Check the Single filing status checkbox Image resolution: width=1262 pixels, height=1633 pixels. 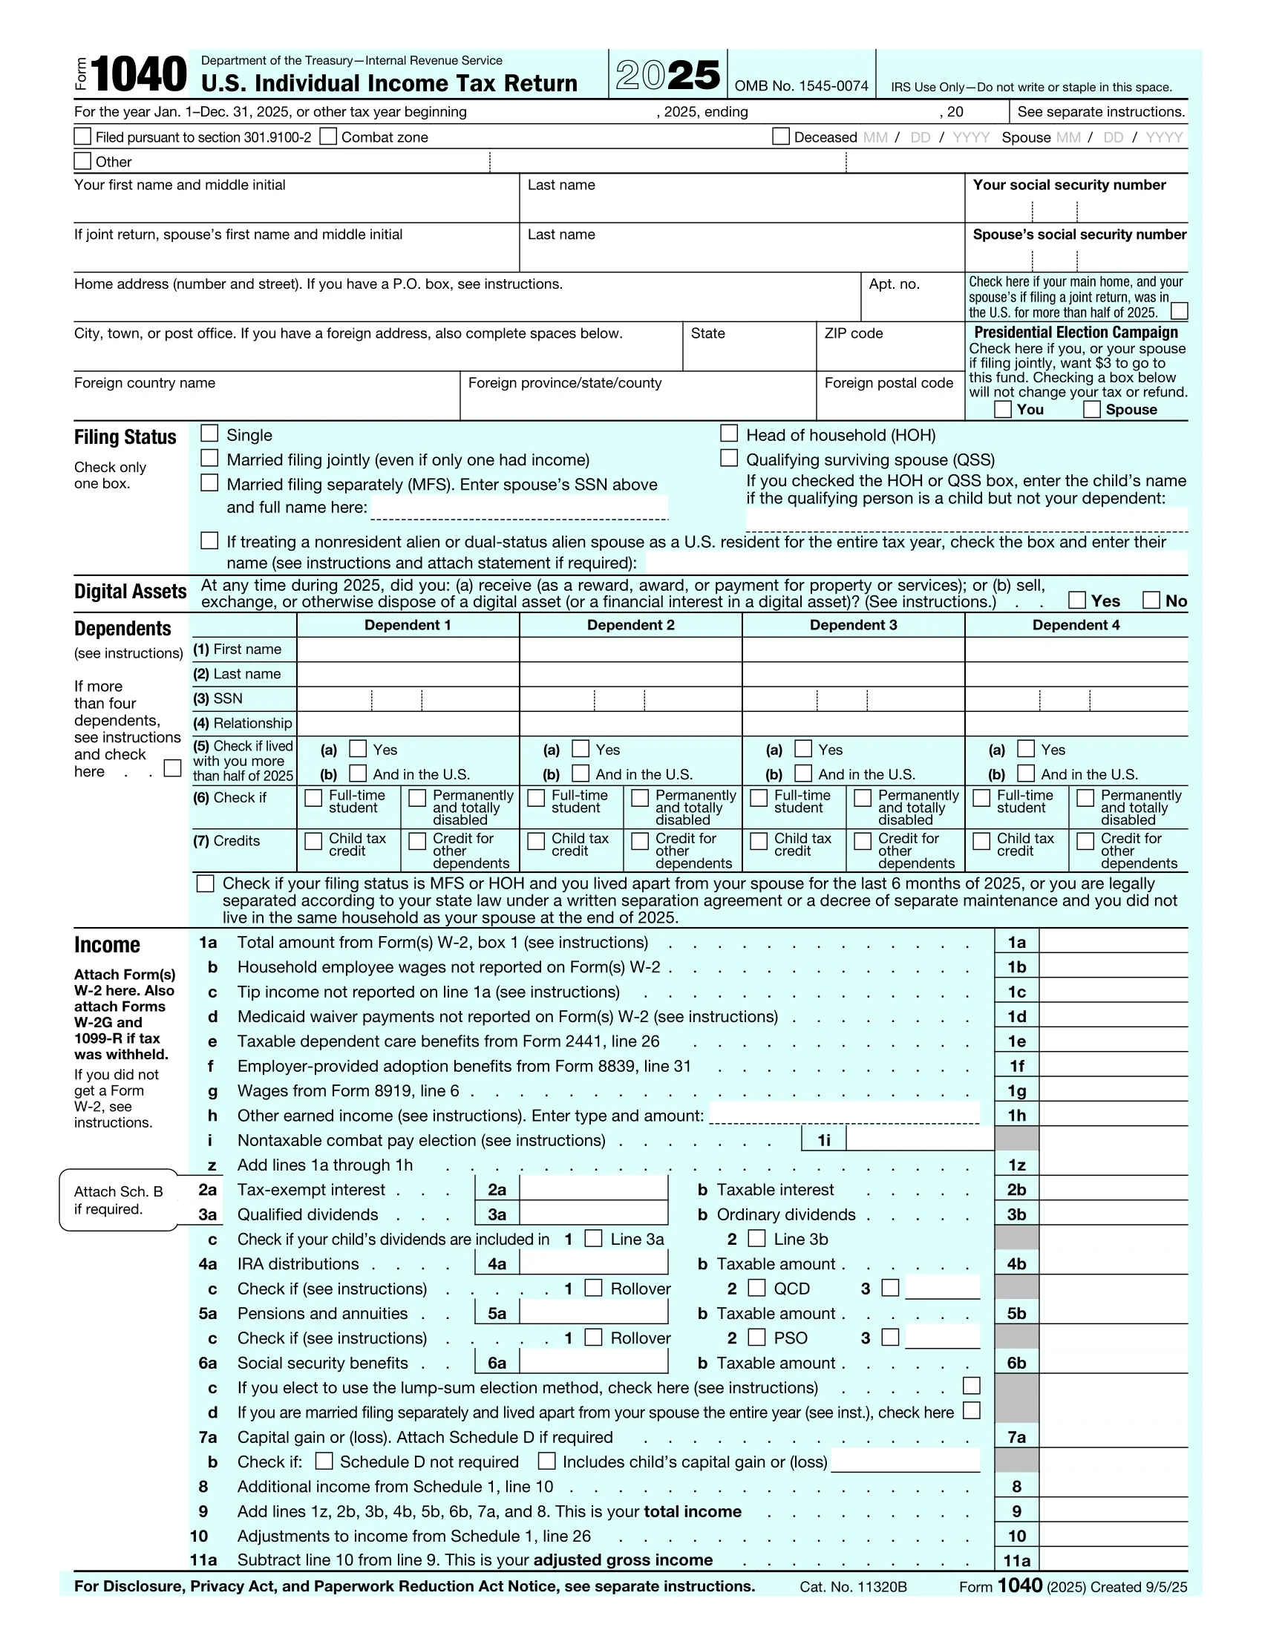[x=209, y=433]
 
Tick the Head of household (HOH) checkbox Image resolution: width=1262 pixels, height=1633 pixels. [x=728, y=433]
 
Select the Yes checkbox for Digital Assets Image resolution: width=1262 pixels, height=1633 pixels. [x=1076, y=600]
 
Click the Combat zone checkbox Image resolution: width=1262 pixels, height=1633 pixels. [x=327, y=136]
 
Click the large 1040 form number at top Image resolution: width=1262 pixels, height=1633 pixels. [x=138, y=75]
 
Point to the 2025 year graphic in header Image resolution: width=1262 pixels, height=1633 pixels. [x=667, y=75]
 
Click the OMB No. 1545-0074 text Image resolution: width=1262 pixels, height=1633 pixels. [x=801, y=86]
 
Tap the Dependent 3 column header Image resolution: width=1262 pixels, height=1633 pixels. [x=853, y=625]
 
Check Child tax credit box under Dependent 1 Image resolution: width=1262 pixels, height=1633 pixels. [x=313, y=841]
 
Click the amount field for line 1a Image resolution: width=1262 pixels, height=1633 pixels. [x=1113, y=942]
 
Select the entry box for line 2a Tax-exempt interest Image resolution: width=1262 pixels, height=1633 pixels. [x=593, y=1190]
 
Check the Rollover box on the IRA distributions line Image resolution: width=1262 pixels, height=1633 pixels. [x=593, y=1288]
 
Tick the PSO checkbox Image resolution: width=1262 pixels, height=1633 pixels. [x=756, y=1337]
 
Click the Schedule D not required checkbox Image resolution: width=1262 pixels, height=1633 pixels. [x=324, y=1461]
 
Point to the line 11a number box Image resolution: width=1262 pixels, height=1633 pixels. [x=1016, y=1560]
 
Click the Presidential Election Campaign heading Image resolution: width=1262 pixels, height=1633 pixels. [x=1075, y=333]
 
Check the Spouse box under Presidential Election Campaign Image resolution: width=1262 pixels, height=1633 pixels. [x=1091, y=409]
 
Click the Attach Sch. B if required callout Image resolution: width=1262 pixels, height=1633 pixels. [x=118, y=1200]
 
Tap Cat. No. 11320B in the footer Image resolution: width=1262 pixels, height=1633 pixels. [x=852, y=1587]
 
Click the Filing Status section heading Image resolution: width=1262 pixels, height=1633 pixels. [x=125, y=437]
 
